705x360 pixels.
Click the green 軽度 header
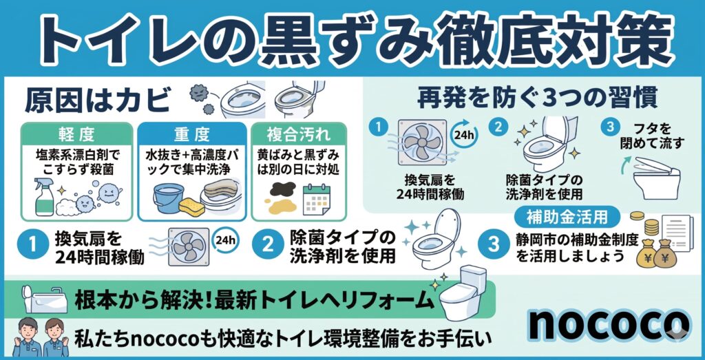77,134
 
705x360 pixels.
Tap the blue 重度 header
192,134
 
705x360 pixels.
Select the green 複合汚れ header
299,134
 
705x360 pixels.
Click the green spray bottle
45,197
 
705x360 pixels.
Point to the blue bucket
168,198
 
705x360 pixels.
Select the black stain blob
283,189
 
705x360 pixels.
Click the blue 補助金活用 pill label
567,218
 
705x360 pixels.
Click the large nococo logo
609,324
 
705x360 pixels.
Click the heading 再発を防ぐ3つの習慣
537,98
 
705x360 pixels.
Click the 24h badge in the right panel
465,134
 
